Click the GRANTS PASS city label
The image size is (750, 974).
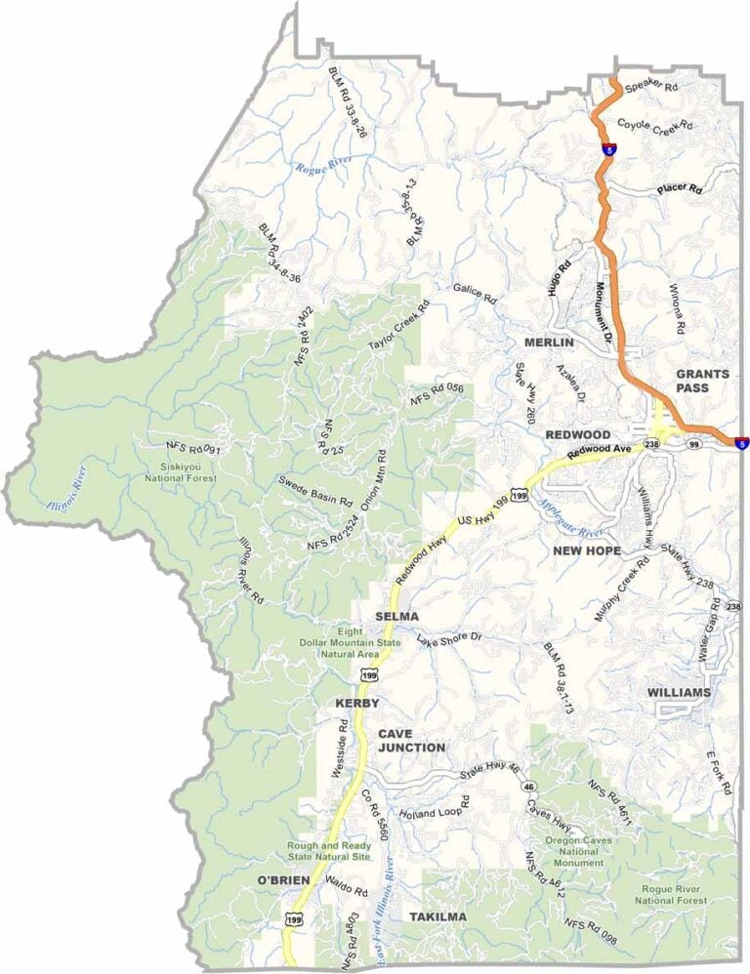coord(702,381)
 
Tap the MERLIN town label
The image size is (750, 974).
coord(549,344)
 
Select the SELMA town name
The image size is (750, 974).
coord(396,617)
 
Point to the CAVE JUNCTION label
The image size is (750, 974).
coord(411,740)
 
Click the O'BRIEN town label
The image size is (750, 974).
coord(283,880)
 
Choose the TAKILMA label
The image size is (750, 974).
coord(437,917)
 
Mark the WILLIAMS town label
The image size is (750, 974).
coord(679,692)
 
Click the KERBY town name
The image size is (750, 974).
coord(356,703)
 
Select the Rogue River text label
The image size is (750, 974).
coord(323,167)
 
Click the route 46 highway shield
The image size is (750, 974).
coord(528,785)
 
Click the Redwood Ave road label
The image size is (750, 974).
coord(601,451)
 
